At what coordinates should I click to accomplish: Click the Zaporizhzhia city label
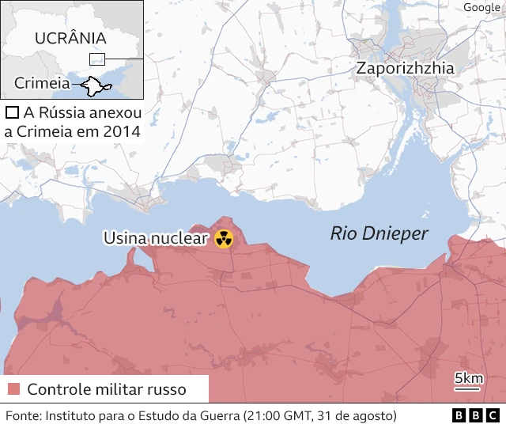405,68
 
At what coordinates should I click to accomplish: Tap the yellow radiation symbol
224,238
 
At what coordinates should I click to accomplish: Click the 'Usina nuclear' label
156,238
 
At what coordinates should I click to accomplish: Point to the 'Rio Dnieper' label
379,233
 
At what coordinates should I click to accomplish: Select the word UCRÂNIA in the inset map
70,38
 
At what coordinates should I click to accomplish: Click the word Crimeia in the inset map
41,82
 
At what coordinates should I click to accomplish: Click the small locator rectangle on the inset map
96,59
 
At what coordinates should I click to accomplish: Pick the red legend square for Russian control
13,389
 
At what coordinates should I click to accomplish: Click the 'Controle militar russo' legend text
107,389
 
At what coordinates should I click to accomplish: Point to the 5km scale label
469,379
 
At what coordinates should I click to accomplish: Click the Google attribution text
481,7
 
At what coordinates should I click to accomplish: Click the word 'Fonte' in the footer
23,415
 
